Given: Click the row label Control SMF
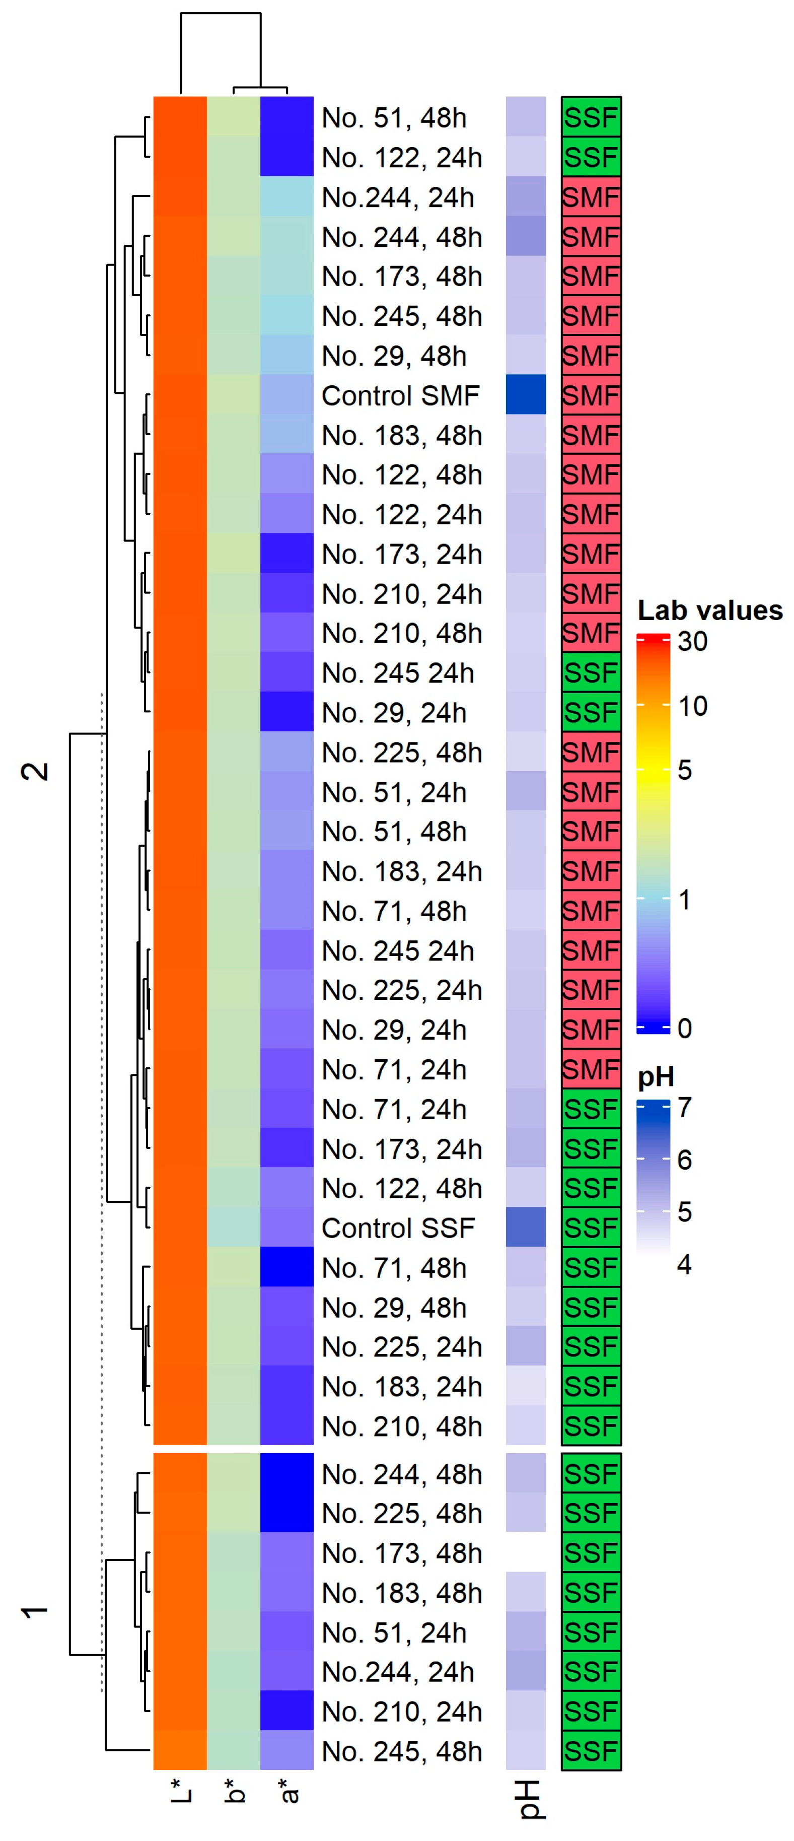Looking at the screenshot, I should coord(400,395).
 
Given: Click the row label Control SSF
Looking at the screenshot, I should coord(398,1228).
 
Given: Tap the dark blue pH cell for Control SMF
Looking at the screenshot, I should coord(525,394).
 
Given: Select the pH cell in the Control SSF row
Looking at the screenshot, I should coord(525,1227).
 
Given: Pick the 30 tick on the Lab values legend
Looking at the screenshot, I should coord(692,641).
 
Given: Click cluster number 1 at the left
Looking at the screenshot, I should coord(36,1612).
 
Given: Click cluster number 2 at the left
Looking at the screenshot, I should coord(36,771).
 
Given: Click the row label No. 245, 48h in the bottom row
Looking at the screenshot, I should coord(402,1752).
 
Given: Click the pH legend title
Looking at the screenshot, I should coord(656,1077).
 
